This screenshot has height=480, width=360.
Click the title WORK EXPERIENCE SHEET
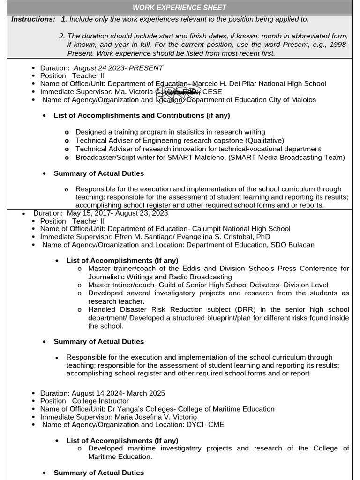180,7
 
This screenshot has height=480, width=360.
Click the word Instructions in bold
33,19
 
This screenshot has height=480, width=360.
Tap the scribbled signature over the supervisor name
178,92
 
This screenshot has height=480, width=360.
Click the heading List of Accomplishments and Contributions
142,115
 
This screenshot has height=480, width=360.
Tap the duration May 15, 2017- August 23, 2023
117,213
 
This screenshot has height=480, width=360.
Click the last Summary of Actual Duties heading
99,472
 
